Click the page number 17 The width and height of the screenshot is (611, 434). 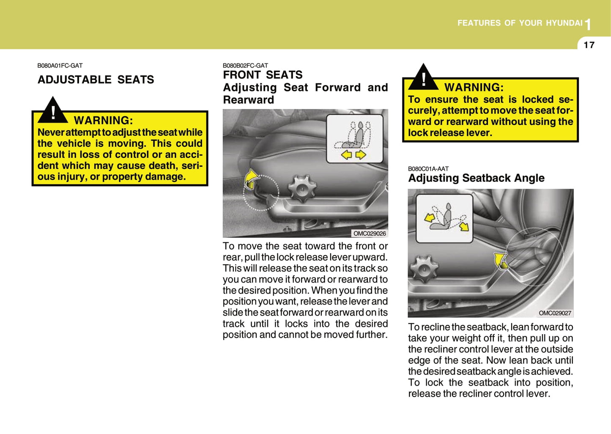pyautogui.click(x=589, y=45)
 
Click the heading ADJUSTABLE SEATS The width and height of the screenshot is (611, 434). pyautogui.click(x=96, y=80)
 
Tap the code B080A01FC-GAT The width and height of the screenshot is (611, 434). pyautogui.click(x=60, y=66)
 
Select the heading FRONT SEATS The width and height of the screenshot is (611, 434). pyautogui.click(x=263, y=75)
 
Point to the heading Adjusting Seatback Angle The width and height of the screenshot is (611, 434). pyautogui.click(x=476, y=178)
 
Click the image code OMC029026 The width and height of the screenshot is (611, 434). pyautogui.click(x=370, y=233)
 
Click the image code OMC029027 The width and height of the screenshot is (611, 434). pyautogui.click(x=555, y=313)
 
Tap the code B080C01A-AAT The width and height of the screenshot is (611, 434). pyautogui.click(x=428, y=168)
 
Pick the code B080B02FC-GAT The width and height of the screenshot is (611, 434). pyautogui.click(x=245, y=66)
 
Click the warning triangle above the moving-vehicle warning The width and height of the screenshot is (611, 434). pyautogui.click(x=53, y=111)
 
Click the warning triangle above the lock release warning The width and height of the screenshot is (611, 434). pyautogui.click(x=423, y=77)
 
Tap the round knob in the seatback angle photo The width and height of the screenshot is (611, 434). pyautogui.click(x=423, y=268)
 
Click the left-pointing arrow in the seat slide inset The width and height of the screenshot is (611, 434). pyautogui.click(x=347, y=155)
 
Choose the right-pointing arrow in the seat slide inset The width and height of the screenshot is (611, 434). pyautogui.click(x=361, y=155)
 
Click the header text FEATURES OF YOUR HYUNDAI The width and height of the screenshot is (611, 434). pyautogui.click(x=520, y=23)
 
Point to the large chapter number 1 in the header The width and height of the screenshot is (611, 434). pyautogui.click(x=588, y=25)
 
